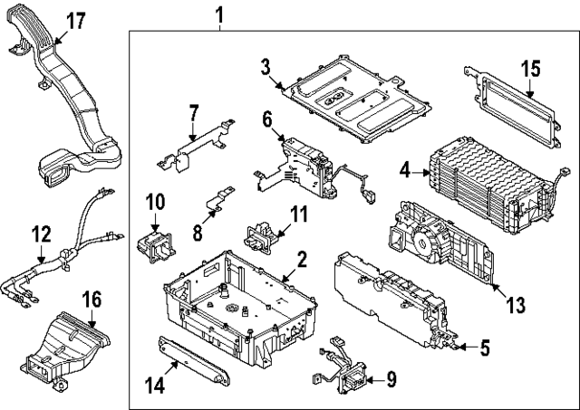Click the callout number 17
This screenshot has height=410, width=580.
(76, 20)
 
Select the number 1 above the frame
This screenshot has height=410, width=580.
(219, 15)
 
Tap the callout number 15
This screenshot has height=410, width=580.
(531, 69)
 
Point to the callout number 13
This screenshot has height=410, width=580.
(516, 305)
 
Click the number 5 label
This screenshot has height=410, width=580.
(485, 348)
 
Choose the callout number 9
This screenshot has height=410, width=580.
(391, 379)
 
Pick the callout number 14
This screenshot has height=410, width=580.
(155, 386)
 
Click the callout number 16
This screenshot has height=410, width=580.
(92, 300)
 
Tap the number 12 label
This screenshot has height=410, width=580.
(41, 234)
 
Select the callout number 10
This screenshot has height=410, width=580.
(155, 202)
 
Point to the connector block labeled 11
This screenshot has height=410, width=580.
(259, 235)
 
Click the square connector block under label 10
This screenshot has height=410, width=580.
(156, 247)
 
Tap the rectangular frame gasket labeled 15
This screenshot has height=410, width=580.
(513, 107)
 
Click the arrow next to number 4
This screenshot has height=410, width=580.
(420, 172)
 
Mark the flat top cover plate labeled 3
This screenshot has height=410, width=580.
(356, 100)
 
